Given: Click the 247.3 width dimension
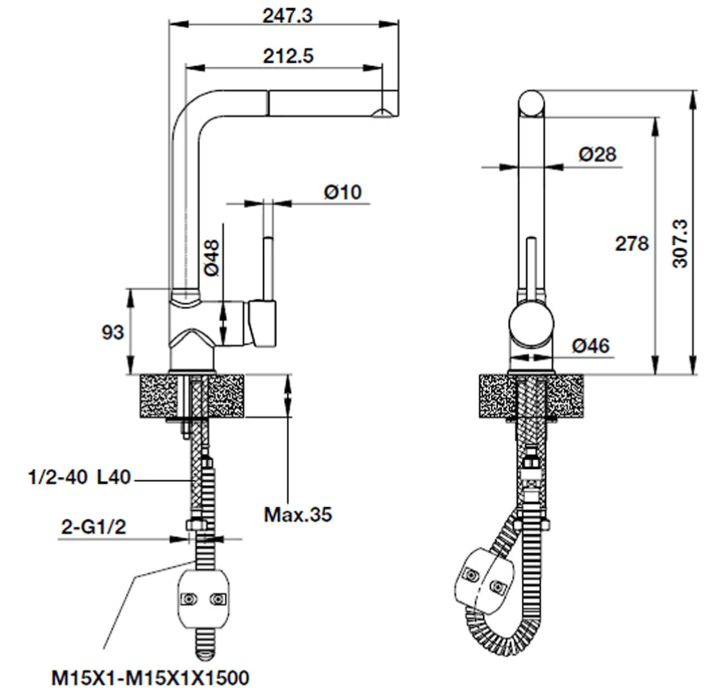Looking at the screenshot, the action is [287, 16].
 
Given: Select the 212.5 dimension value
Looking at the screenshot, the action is [288, 56].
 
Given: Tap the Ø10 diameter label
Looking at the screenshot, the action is [343, 192].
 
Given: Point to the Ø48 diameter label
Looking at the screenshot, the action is [211, 258].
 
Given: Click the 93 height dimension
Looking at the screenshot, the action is [113, 332].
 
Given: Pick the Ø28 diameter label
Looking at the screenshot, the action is [597, 154].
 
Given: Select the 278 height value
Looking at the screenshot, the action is [632, 243].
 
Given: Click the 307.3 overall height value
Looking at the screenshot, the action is [681, 243].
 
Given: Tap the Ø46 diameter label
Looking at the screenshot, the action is [590, 346].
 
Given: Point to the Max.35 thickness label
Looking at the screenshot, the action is [298, 514].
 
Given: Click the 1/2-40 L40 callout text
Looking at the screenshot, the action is [80, 477].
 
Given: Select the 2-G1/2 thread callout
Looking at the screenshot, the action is [94, 526].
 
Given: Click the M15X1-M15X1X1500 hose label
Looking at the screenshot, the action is [150, 678].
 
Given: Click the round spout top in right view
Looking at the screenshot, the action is [531, 104].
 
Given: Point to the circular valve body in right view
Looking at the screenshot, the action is [531, 324].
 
